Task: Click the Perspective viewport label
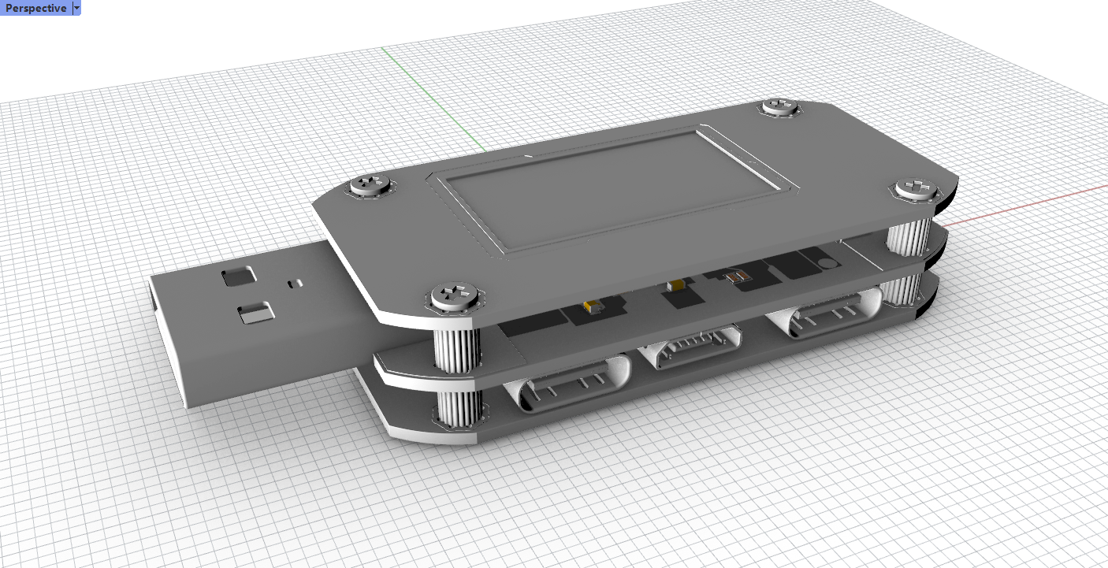click(x=35, y=8)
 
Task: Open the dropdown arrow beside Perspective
click(x=76, y=8)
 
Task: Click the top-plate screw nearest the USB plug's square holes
click(x=370, y=185)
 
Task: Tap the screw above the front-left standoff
click(x=455, y=295)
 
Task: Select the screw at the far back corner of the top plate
click(x=780, y=106)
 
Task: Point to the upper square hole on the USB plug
click(x=239, y=277)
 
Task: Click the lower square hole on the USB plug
click(x=256, y=313)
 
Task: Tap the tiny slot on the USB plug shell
click(x=296, y=284)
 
